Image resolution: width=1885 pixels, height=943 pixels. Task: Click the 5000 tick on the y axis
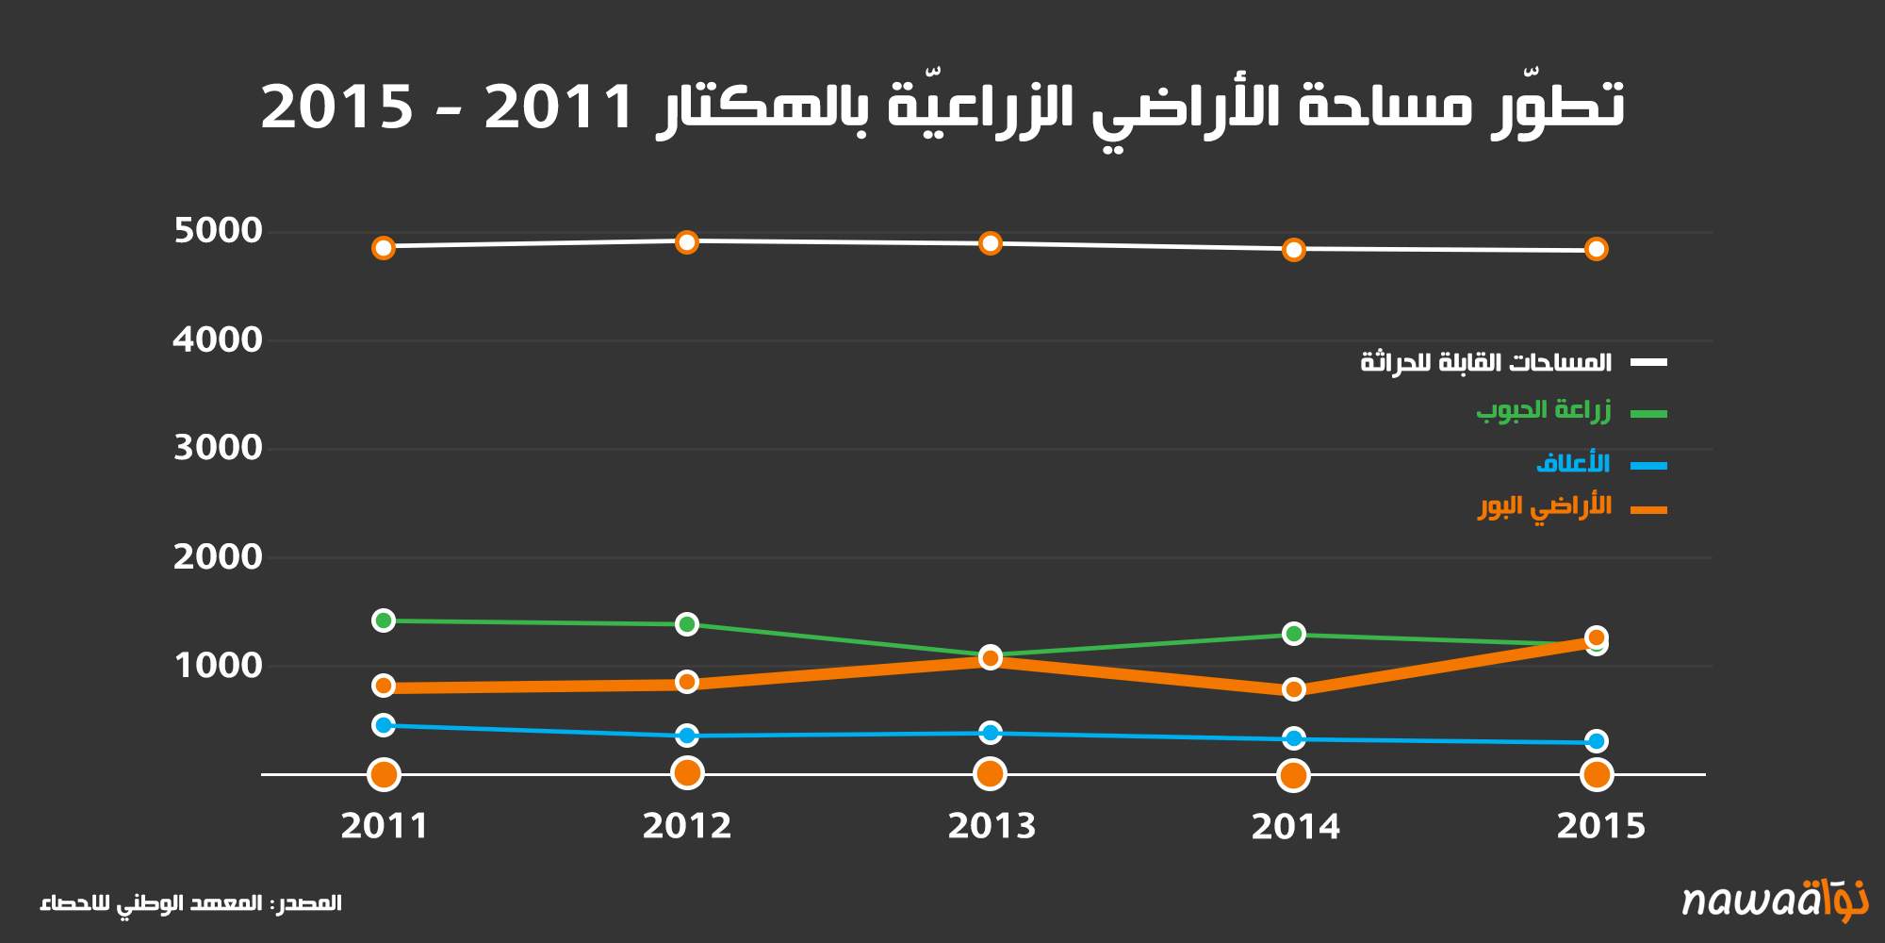[x=218, y=231]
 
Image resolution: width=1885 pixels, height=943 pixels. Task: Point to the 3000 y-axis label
[x=218, y=448]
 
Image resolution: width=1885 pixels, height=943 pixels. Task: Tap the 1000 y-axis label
[x=218, y=666]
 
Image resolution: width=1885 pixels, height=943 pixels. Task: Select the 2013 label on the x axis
[x=991, y=826]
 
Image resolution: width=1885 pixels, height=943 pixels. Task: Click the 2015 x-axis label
[x=1599, y=826]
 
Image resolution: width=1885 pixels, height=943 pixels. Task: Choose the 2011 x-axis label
[x=384, y=826]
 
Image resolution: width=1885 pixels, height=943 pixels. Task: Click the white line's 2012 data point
[x=687, y=242]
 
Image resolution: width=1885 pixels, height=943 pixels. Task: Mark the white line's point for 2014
[x=1294, y=250]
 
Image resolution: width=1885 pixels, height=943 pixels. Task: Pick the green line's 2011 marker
[x=384, y=620]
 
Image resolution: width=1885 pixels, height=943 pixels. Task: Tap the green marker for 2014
[x=1294, y=634]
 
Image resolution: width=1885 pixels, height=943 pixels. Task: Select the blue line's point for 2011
[x=384, y=725]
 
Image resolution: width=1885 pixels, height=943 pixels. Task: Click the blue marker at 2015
[x=1596, y=741]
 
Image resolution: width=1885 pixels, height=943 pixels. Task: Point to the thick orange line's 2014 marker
[x=1294, y=689]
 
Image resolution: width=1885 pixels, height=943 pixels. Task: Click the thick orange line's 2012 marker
[x=687, y=682]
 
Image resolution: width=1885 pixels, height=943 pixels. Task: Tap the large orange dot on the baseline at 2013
[x=990, y=774]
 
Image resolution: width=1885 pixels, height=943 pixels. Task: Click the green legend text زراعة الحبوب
[x=1543, y=411]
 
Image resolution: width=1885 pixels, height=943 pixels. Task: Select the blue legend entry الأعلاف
[x=1572, y=463]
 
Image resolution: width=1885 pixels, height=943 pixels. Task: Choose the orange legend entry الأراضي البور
[x=1545, y=507]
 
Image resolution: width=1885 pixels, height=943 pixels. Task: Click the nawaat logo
[x=1775, y=900]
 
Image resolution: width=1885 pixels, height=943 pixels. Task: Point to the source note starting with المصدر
[x=190, y=903]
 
